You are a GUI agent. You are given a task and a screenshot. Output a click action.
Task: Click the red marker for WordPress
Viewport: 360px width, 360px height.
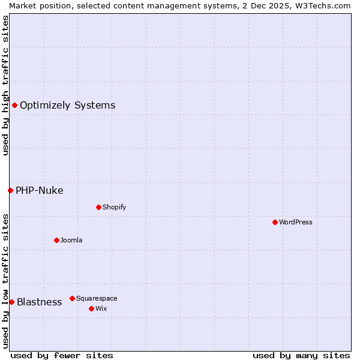coord(275,222)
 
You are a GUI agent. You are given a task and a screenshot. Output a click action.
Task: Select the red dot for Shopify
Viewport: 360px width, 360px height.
coord(98,207)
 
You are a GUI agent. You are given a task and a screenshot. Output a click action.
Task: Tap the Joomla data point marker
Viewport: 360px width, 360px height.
coord(56,240)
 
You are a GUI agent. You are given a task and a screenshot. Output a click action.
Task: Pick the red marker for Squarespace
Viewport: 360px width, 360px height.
coord(72,298)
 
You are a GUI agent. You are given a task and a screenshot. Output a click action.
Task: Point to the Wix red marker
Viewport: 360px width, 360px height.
coord(91,308)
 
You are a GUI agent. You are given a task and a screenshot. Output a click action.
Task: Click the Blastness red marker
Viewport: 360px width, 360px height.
coord(11,302)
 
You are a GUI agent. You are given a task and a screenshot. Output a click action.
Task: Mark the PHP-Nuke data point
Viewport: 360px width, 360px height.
coord(10,190)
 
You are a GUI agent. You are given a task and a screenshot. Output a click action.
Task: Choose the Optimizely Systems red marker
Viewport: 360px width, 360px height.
coord(14,105)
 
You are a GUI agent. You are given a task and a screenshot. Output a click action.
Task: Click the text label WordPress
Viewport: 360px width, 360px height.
coord(296,222)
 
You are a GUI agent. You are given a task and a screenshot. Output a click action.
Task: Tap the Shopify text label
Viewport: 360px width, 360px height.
coord(114,207)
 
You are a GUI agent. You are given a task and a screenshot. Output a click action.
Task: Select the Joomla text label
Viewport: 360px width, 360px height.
coord(71,240)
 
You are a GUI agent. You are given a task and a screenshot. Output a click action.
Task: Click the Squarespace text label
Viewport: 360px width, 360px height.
coord(97,298)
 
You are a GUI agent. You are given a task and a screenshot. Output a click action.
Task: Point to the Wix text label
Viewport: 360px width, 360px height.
coord(101,308)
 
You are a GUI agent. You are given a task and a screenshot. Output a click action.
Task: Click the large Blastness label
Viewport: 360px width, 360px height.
coord(39,302)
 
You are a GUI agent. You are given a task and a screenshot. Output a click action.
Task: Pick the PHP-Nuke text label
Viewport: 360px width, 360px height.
coord(39,191)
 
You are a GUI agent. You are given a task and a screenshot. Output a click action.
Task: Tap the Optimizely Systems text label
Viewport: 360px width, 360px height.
coord(67,106)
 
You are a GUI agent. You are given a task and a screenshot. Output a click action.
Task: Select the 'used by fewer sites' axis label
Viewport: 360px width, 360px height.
coord(62,355)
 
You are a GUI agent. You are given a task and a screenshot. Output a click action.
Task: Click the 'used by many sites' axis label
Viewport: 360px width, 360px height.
coord(301,355)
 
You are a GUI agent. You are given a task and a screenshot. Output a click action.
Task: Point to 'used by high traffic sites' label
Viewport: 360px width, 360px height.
coord(5,85)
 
